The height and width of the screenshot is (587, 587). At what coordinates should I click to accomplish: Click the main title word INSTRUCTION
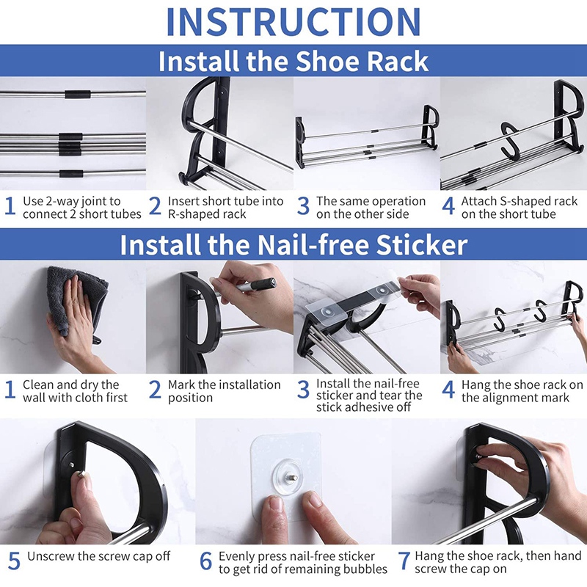[293, 22]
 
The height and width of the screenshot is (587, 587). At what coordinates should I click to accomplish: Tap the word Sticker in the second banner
[422, 245]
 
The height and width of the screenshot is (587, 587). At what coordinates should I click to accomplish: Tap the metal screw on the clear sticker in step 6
[292, 478]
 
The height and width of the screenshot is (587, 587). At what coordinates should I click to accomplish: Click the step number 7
[404, 561]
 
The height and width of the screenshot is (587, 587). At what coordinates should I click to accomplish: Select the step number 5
[14, 561]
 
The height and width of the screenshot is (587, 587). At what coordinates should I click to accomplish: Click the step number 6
[206, 561]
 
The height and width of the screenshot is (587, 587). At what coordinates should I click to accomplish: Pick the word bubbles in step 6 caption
[363, 569]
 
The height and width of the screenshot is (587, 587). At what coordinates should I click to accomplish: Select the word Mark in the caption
[181, 384]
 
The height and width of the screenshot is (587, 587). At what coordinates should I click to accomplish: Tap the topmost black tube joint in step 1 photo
[78, 94]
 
